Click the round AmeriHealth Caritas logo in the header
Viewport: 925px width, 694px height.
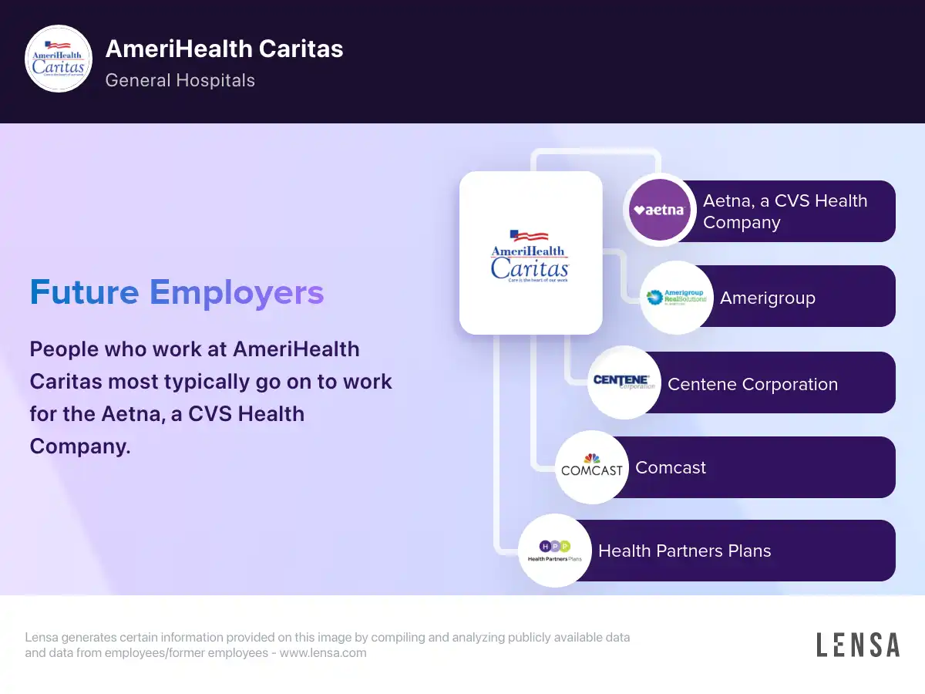(59, 59)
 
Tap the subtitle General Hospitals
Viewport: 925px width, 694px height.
(180, 80)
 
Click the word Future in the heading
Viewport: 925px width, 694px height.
(84, 292)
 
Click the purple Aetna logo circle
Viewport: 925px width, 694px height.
(660, 210)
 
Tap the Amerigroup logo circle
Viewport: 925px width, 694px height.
(676, 298)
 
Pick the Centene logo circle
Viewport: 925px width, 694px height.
(624, 382)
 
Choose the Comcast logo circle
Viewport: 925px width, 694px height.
(592, 467)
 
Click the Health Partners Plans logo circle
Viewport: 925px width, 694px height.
(554, 551)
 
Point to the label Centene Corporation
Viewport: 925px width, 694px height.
(752, 384)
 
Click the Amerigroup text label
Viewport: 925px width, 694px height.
(768, 298)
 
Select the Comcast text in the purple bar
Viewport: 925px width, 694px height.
(671, 468)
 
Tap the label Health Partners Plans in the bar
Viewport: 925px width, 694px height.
(684, 551)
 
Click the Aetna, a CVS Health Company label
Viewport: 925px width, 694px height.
(785, 211)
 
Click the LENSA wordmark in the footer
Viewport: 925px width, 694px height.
(858, 645)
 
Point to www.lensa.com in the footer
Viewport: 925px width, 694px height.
(323, 652)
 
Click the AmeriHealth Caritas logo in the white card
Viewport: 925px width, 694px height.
(530, 256)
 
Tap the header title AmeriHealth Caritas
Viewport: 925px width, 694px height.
(224, 49)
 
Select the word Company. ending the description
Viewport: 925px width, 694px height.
(80, 446)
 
